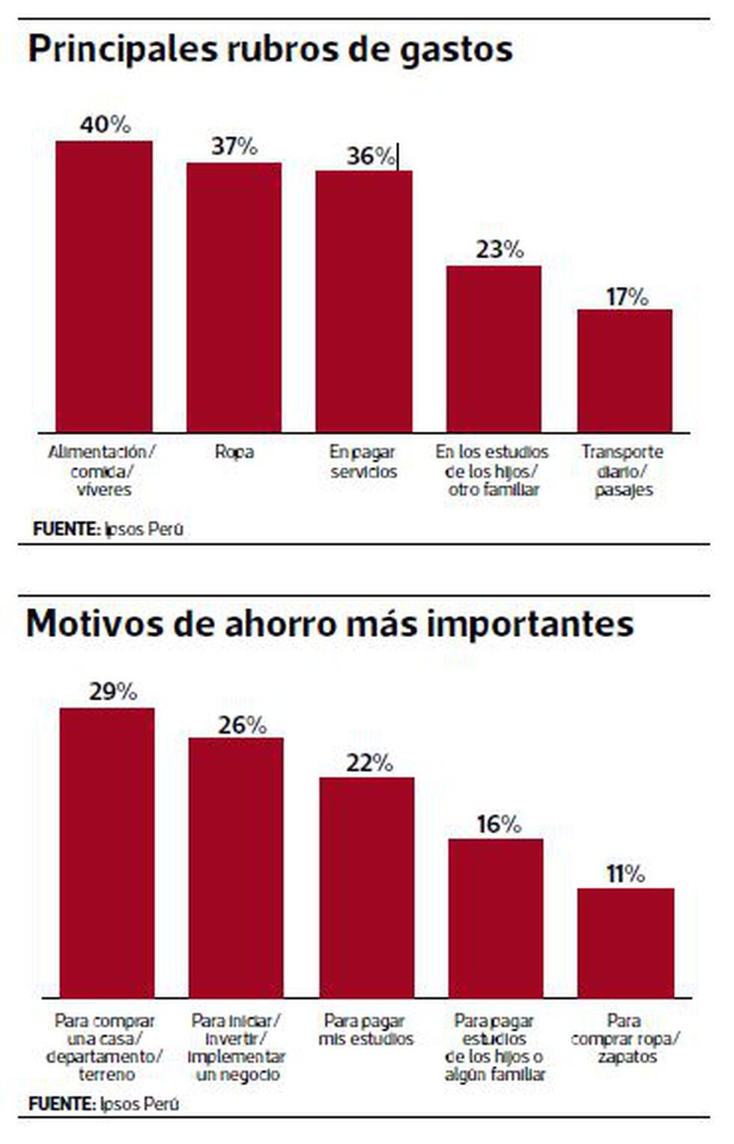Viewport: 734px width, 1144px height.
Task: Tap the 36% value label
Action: [371, 156]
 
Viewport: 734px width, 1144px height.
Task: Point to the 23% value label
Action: [499, 249]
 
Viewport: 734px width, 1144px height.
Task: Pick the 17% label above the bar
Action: [627, 297]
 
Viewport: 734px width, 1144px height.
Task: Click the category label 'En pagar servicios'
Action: [363, 462]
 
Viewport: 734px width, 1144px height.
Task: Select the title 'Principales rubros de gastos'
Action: [270, 49]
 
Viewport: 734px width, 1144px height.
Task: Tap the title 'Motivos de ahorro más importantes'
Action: [330, 624]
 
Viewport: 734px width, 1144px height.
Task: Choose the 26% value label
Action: [242, 725]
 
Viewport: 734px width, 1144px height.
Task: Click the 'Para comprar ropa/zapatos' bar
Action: [625, 943]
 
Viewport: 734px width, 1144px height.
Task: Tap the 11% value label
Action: [625, 874]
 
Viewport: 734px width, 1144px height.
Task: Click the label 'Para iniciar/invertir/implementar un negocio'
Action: [236, 1047]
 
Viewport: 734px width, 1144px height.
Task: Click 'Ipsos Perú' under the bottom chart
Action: [139, 1104]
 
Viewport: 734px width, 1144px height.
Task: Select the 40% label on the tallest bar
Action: [105, 124]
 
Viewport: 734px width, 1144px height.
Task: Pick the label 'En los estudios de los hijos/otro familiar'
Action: [493, 471]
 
